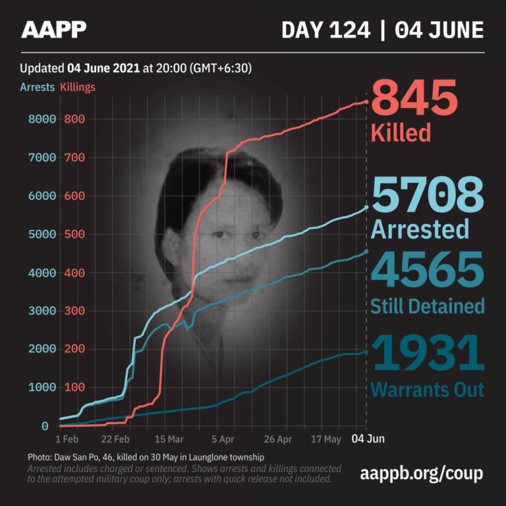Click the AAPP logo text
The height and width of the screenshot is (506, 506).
pos(53,29)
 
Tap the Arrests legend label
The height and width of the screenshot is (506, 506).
pos(37,87)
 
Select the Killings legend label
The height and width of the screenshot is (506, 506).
pos(78,87)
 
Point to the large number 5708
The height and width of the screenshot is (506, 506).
pos(428,196)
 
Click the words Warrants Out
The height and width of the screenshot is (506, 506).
pos(427,389)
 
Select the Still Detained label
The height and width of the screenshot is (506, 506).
pos(428,306)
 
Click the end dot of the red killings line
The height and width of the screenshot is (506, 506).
pos(366,101)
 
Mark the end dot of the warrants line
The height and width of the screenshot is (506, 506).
pos(366,352)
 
